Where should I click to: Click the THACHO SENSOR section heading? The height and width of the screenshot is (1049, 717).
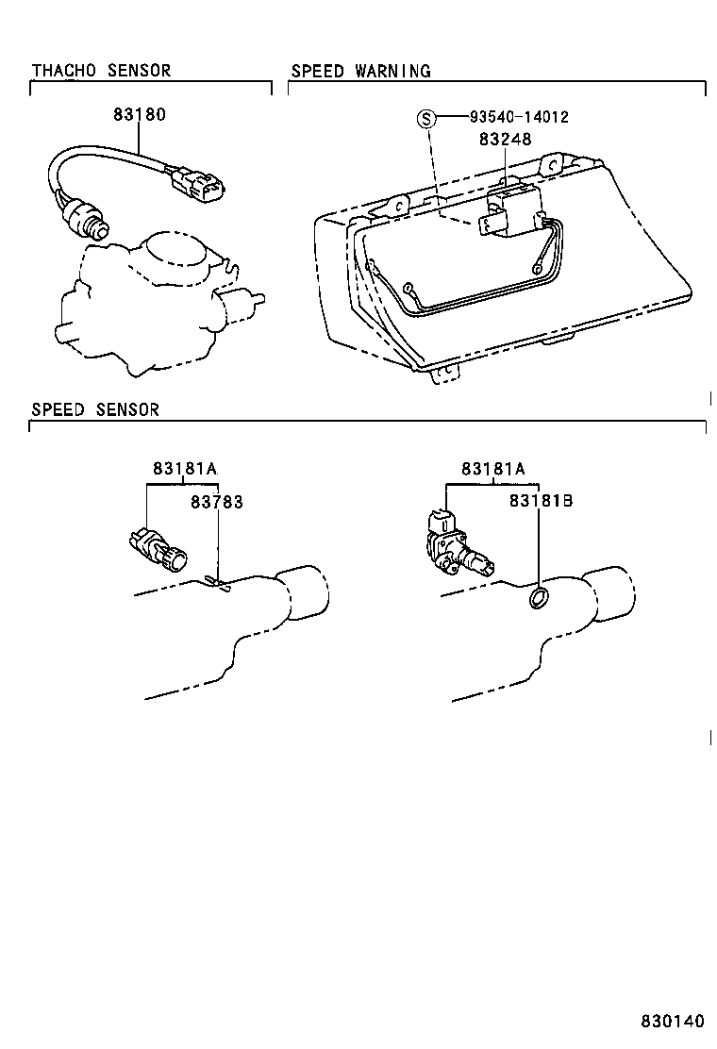(x=101, y=71)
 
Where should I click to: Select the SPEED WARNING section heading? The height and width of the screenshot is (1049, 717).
(x=360, y=71)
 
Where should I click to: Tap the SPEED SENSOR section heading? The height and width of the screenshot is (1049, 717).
(x=95, y=409)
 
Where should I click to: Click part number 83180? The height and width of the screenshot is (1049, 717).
(x=139, y=115)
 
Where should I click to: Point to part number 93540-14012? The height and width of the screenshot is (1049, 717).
(x=519, y=118)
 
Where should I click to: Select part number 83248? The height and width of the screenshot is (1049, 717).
(x=505, y=139)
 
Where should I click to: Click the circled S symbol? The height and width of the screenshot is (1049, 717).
(x=427, y=119)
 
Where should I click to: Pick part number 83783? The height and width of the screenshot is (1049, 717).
(x=216, y=502)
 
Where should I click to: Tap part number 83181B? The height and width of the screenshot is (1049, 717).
(x=541, y=502)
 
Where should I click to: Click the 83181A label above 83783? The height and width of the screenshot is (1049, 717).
(x=184, y=469)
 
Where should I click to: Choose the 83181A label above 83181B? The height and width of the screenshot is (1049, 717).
(x=493, y=469)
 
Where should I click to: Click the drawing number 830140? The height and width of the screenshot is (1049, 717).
(x=673, y=1023)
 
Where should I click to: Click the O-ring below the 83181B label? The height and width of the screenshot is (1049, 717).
(x=539, y=597)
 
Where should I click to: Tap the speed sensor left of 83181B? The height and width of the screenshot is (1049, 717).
(x=457, y=547)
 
